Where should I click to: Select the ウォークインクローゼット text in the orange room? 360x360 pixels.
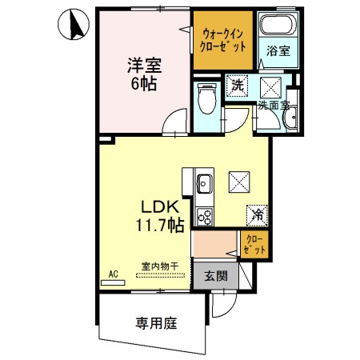223,39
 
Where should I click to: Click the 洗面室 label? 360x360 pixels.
273,105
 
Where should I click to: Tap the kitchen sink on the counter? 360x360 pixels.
203,184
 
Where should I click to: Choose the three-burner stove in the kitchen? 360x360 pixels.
203,215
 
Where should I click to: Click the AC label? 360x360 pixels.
113,274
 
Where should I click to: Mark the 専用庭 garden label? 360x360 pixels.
155,323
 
